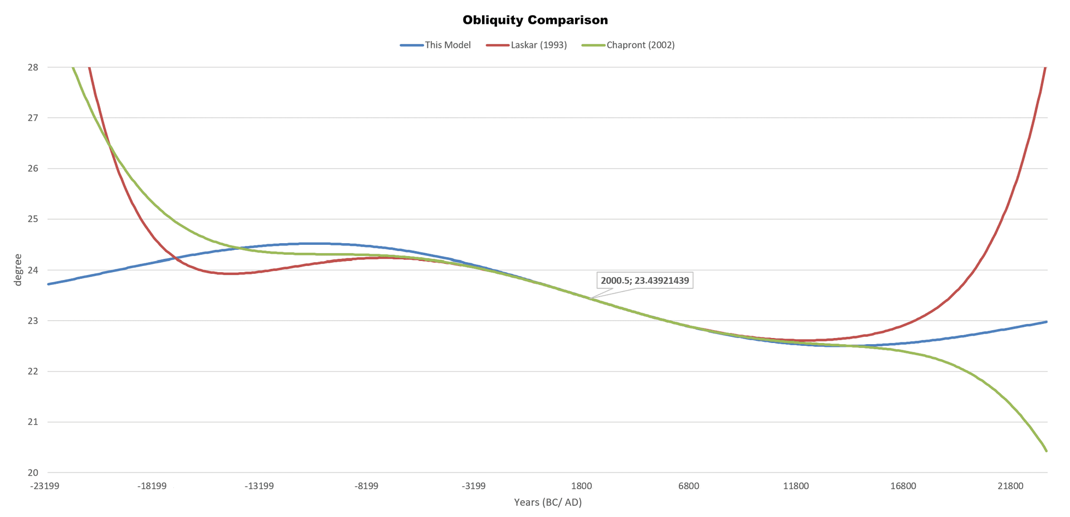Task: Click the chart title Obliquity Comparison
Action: pos(535,20)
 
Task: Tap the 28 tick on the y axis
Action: pos(33,67)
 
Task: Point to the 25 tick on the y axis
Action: pos(33,219)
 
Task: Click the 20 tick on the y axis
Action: pos(33,472)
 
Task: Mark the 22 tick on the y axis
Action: pos(33,371)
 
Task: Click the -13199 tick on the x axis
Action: pos(259,486)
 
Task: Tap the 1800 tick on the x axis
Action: pos(581,486)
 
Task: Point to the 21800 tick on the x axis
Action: pos(1010,486)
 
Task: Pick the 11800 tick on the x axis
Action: pos(796,486)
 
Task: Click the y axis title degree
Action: pos(18,270)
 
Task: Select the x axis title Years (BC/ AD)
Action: pos(547,502)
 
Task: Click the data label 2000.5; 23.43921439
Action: pos(645,281)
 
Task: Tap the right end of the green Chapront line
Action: pos(1047,451)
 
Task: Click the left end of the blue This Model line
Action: pos(48,284)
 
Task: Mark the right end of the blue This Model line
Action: pos(1047,322)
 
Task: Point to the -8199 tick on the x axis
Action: pos(366,486)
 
